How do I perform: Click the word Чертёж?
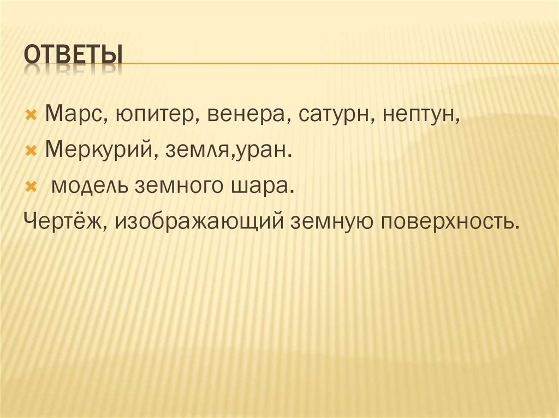click(x=65, y=223)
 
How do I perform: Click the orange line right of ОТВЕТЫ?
click(x=338, y=64)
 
